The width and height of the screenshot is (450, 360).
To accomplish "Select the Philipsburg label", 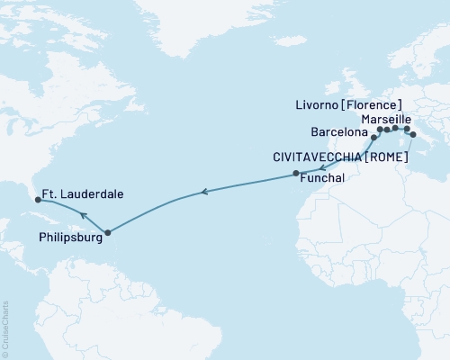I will pyautogui.click(x=70, y=239).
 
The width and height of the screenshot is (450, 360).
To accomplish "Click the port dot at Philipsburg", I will pyautogui.click(x=107, y=233).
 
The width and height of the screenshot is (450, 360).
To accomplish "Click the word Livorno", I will pyautogui.click(x=320, y=105).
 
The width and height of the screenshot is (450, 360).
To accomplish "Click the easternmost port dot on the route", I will pyautogui.click(x=413, y=134).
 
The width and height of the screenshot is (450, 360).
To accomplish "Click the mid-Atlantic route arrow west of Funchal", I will pyautogui.click(x=204, y=191).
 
